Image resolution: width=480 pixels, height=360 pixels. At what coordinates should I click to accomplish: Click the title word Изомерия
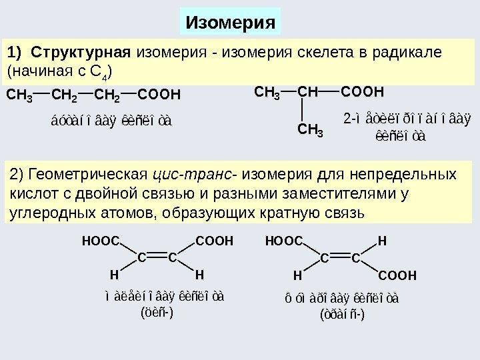click(231, 23)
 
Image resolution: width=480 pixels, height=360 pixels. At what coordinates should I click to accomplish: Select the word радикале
click(407, 52)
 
